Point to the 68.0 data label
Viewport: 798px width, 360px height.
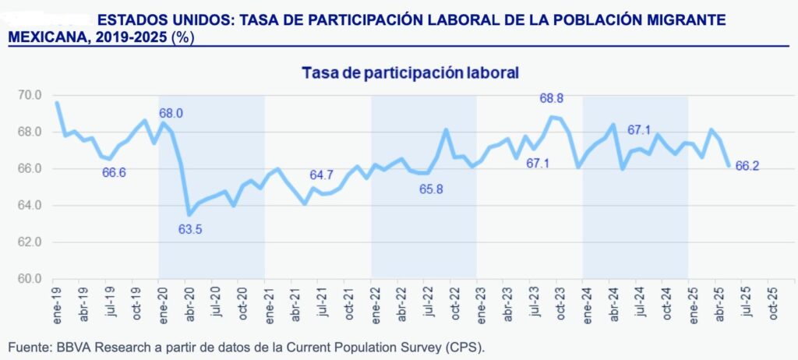[171, 114]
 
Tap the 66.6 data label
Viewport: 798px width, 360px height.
[114, 172]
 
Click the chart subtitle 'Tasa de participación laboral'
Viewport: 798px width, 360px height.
[410, 73]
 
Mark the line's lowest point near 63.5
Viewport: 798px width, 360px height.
[189, 214]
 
